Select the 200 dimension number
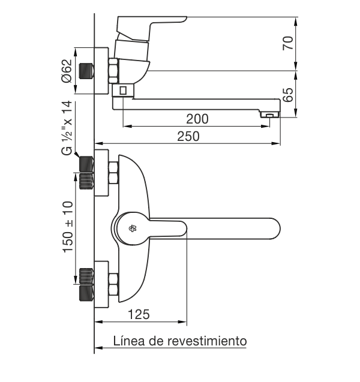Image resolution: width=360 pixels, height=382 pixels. (x=197, y=119)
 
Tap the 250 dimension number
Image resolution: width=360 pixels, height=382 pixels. (x=188, y=137)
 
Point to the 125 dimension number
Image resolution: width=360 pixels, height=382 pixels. (x=139, y=314)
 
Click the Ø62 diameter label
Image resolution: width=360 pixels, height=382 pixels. (x=67, y=71)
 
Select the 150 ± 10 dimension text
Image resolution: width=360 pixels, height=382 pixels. (x=68, y=227)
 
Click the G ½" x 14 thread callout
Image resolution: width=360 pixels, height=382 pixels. (x=67, y=128)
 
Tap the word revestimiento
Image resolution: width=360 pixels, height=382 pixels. (x=207, y=341)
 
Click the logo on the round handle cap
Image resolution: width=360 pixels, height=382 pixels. (x=133, y=228)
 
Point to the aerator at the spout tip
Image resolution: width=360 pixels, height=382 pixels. (x=269, y=115)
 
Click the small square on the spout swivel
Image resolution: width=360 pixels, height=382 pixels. (x=123, y=91)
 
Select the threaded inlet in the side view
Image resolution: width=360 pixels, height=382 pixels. (x=86, y=71)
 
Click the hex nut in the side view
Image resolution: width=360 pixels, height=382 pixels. (x=113, y=71)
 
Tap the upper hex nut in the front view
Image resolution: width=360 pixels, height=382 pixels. (x=113, y=173)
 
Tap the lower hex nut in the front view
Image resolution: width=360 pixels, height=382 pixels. (x=113, y=284)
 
